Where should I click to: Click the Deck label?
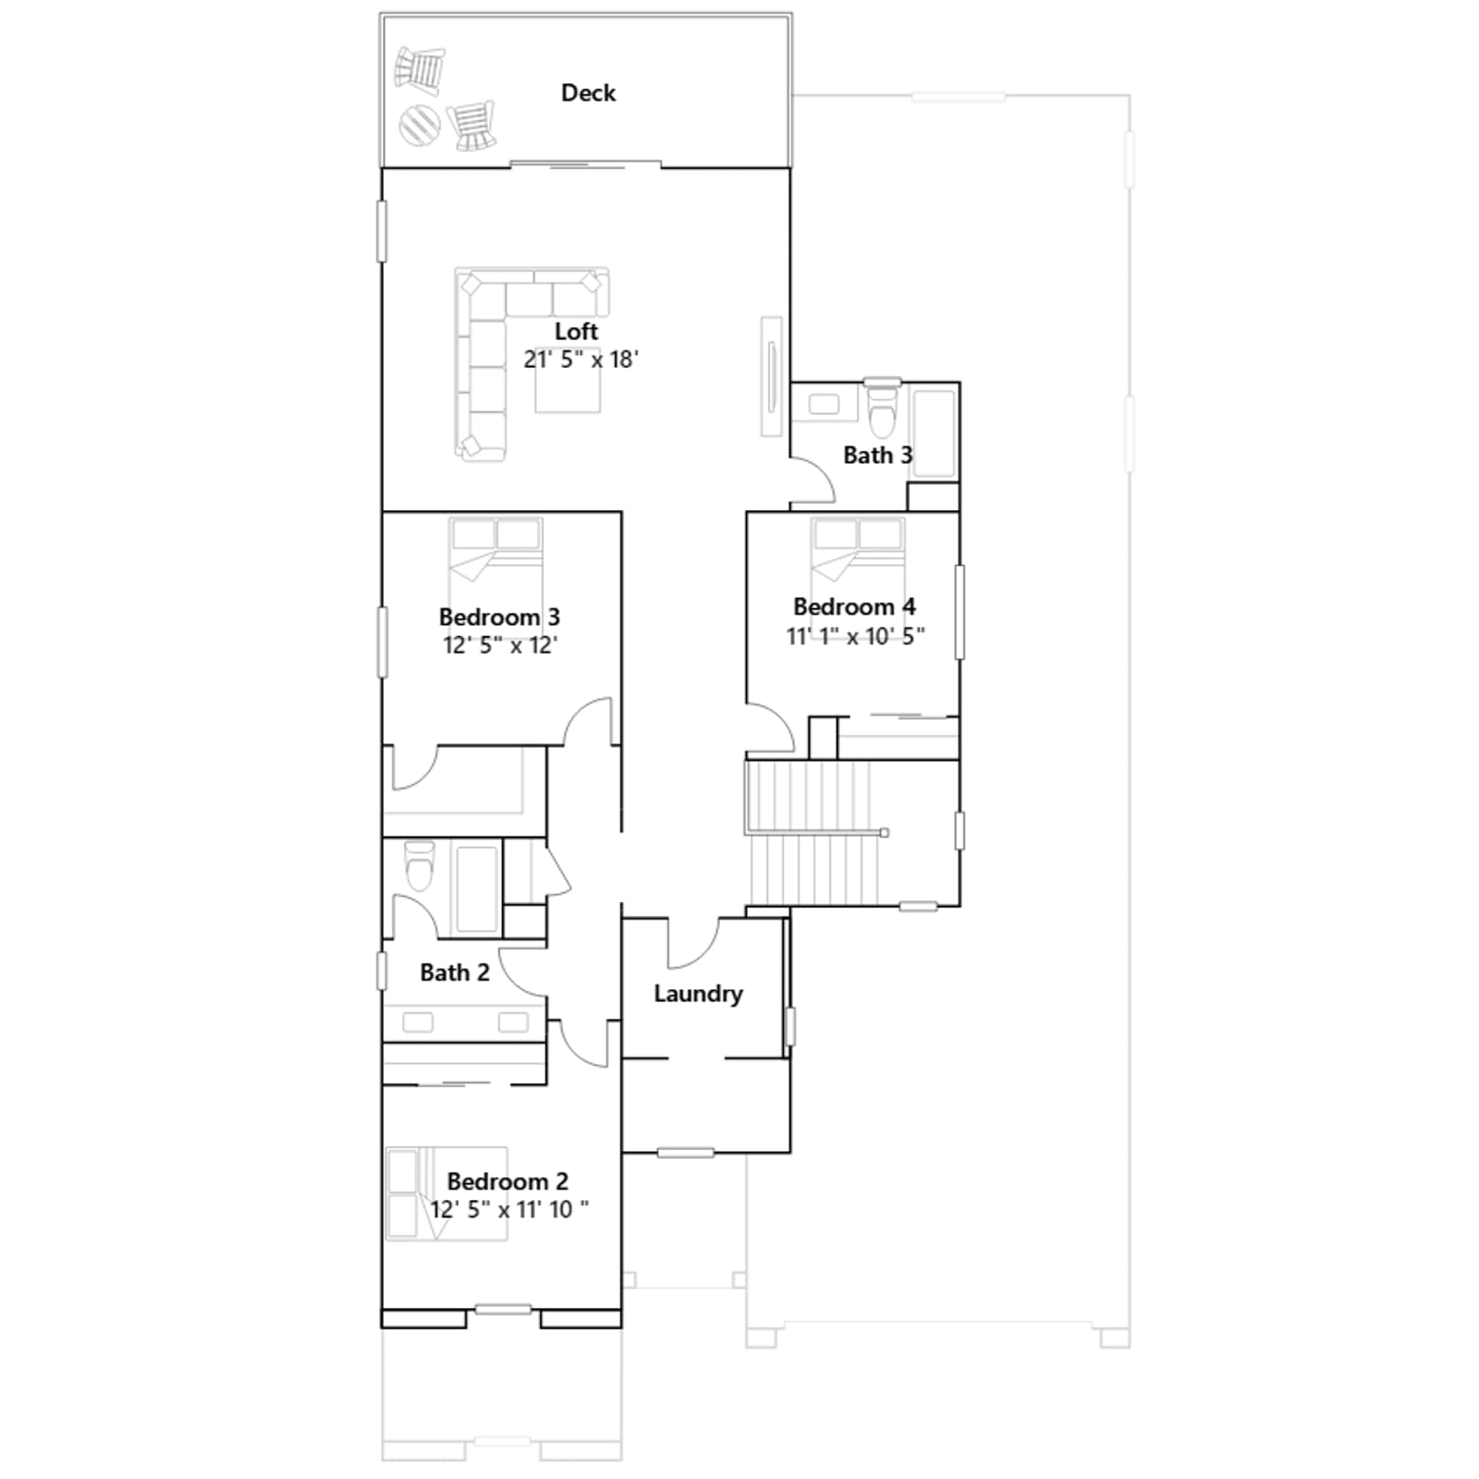(x=588, y=92)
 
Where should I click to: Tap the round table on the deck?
(x=419, y=124)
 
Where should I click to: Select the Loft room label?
(x=576, y=331)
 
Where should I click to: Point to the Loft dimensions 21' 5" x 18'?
(x=581, y=359)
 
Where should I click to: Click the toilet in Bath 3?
(x=883, y=409)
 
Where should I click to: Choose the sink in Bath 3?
(x=823, y=405)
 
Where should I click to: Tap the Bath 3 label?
(x=877, y=455)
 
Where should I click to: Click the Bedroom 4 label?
(x=854, y=606)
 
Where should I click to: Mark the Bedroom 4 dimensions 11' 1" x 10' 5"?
(x=855, y=636)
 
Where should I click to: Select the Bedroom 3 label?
(x=499, y=617)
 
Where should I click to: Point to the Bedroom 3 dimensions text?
(x=500, y=645)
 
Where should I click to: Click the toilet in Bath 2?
(x=420, y=865)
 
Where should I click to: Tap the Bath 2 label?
(x=454, y=972)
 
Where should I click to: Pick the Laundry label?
(x=698, y=994)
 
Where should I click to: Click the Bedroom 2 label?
(x=507, y=1181)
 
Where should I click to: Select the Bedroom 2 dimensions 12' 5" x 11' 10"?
(x=509, y=1209)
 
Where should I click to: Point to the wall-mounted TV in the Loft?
(x=771, y=376)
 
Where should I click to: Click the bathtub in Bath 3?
(x=934, y=433)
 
